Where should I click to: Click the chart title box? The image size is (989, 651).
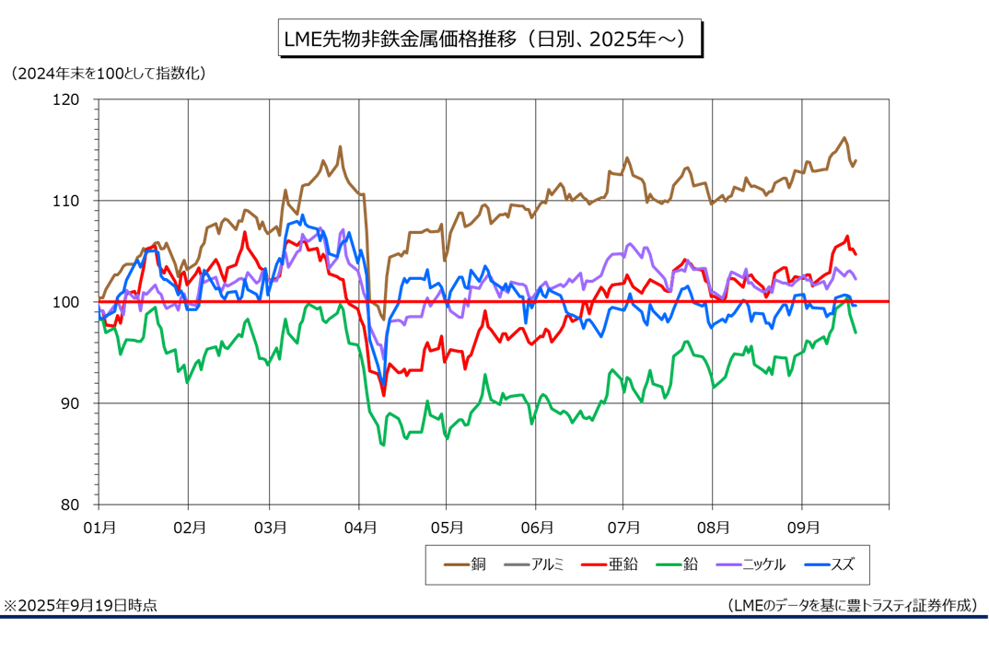(x=491, y=40)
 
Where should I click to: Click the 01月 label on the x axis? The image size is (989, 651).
(x=99, y=528)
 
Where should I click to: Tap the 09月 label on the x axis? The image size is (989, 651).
(x=802, y=528)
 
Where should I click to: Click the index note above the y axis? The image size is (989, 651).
(x=107, y=72)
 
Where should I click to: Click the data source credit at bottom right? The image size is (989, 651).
(x=851, y=605)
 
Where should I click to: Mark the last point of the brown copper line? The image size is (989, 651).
(x=855, y=161)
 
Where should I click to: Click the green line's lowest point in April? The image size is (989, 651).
(x=382, y=445)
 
